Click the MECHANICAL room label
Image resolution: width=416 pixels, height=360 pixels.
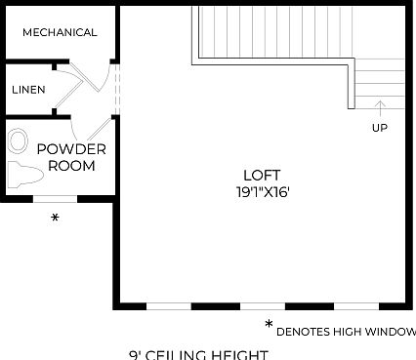pyautogui.click(x=60, y=32)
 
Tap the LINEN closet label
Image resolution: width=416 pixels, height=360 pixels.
pyautogui.click(x=28, y=90)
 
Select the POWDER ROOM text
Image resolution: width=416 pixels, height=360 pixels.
pyautogui.click(x=71, y=157)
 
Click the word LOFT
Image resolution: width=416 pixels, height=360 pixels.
pyautogui.click(x=254, y=176)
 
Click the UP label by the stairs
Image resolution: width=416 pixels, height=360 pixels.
pyautogui.click(x=379, y=128)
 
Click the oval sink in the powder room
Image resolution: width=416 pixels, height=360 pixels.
pyautogui.click(x=19, y=141)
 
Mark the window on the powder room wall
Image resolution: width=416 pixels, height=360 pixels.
pyautogui.click(x=55, y=199)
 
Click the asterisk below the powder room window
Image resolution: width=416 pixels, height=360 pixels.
pyautogui.click(x=55, y=219)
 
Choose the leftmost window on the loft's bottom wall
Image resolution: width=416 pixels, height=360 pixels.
pyautogui.click(x=168, y=305)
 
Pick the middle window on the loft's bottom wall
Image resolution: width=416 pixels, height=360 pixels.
pyautogui.click(x=264, y=305)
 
